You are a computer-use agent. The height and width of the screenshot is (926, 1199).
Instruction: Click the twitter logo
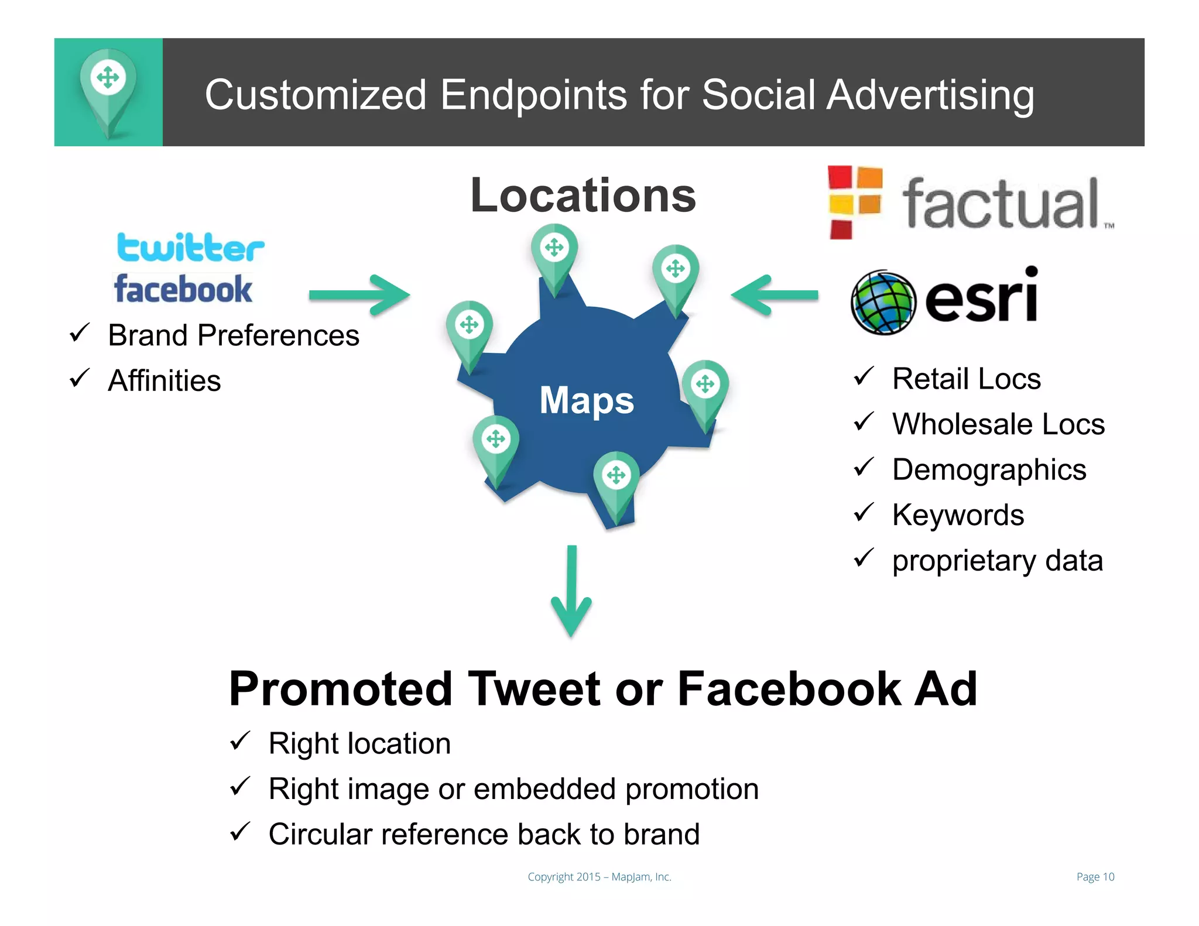pyautogui.click(x=190, y=248)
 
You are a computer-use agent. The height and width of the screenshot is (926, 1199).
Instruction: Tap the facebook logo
pyautogui.click(x=183, y=289)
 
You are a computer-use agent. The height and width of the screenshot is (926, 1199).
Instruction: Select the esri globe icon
pyautogui.click(x=883, y=302)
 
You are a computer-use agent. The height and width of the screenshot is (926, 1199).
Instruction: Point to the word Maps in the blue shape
pyautogui.click(x=587, y=400)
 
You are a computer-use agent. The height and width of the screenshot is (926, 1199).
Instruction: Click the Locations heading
pyautogui.click(x=583, y=196)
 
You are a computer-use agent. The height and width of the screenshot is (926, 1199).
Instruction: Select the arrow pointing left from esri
pyautogui.click(x=774, y=294)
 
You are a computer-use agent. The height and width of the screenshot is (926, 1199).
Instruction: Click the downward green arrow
pyautogui.click(x=571, y=591)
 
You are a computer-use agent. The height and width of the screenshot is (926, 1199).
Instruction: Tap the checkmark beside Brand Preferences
pyautogui.click(x=79, y=333)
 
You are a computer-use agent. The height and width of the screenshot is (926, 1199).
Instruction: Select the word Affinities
pyautogui.click(x=165, y=381)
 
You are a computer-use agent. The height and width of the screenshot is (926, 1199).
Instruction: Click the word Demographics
pyautogui.click(x=989, y=470)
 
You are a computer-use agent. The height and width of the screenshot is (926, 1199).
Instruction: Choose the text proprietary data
pyautogui.click(x=997, y=561)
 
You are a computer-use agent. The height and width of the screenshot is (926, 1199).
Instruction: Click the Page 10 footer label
pyautogui.click(x=1095, y=877)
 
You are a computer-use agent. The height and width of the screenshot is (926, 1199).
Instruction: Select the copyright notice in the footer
pyautogui.click(x=599, y=877)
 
